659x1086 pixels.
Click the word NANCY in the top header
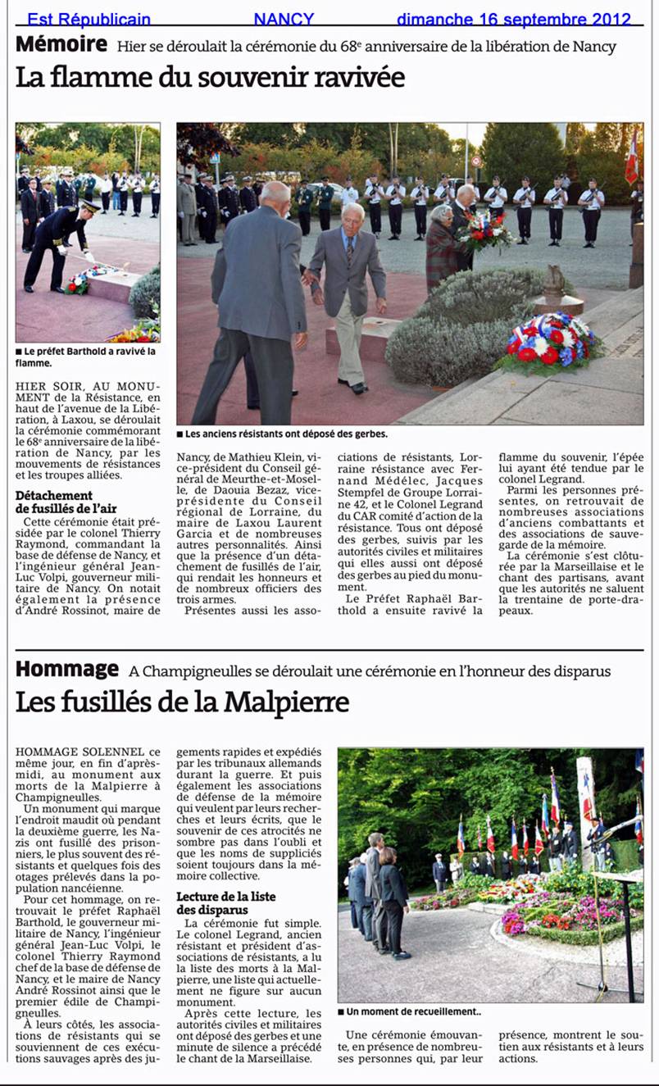pyautogui.click(x=284, y=19)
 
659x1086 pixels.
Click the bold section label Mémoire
pyautogui.click(x=61, y=44)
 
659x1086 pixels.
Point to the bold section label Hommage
pyautogui.click(x=66, y=670)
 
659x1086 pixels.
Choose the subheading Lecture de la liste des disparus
pyautogui.click(x=218, y=902)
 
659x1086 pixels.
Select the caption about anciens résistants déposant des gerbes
pyautogui.click(x=282, y=434)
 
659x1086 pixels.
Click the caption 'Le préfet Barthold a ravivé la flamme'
pyautogui.click(x=85, y=357)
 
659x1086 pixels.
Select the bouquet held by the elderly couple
pyautogui.click(x=484, y=233)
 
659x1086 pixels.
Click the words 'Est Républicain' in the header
pyautogui.click(x=89, y=19)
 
